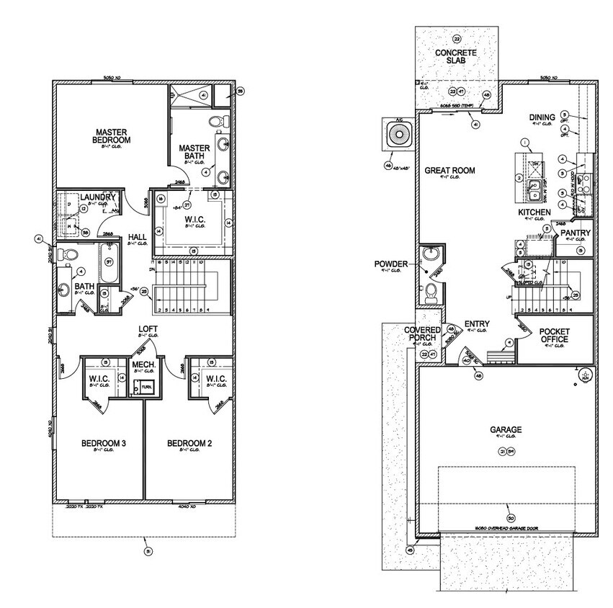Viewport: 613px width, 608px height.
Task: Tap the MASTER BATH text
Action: point(194,151)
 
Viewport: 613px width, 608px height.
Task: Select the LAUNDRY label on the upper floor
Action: point(97,197)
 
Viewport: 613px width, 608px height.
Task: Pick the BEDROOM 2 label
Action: point(189,443)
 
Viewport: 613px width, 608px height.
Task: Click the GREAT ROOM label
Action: point(449,171)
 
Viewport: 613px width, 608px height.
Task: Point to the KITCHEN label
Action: point(534,213)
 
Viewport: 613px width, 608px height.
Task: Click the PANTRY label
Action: point(576,233)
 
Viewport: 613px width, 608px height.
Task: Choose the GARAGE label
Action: point(506,430)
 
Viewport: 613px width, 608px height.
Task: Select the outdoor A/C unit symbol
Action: point(398,135)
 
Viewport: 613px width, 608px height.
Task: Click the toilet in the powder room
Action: point(431,290)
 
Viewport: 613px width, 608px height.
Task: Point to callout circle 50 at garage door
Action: point(511,518)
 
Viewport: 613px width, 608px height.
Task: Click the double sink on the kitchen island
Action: point(533,191)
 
